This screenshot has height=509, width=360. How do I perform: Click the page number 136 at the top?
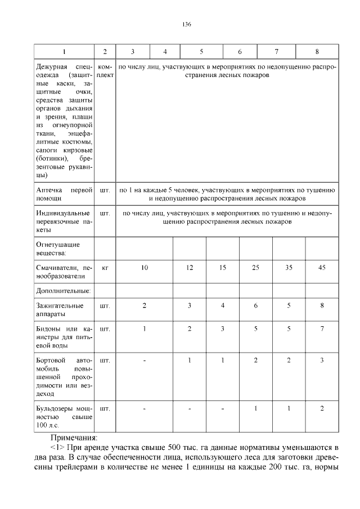(x=187, y=24)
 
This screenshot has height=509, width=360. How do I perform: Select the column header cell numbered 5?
(x=201, y=52)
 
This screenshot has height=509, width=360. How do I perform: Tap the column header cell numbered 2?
(x=105, y=52)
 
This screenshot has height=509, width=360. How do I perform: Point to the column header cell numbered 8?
(x=317, y=52)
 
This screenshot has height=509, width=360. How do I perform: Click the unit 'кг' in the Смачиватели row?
(x=105, y=268)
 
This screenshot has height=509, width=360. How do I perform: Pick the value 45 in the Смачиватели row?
(x=322, y=268)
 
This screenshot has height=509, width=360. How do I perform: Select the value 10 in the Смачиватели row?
(x=145, y=268)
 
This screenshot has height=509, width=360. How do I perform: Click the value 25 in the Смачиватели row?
(x=255, y=268)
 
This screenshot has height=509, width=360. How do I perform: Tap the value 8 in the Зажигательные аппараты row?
(x=322, y=306)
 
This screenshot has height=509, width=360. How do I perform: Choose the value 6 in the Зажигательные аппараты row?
(x=255, y=306)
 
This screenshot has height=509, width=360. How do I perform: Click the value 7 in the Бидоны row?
(x=322, y=328)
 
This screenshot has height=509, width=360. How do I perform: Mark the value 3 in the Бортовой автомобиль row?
(x=322, y=360)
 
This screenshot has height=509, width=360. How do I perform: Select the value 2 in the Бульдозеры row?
(x=322, y=408)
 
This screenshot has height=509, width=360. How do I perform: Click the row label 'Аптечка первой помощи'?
(x=64, y=195)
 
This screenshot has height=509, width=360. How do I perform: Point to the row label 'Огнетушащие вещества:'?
(x=58, y=249)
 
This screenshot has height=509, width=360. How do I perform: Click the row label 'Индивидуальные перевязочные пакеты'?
(x=64, y=222)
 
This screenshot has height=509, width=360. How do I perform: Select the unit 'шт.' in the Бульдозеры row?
(x=105, y=408)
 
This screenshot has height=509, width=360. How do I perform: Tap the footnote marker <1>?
(x=57, y=447)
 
